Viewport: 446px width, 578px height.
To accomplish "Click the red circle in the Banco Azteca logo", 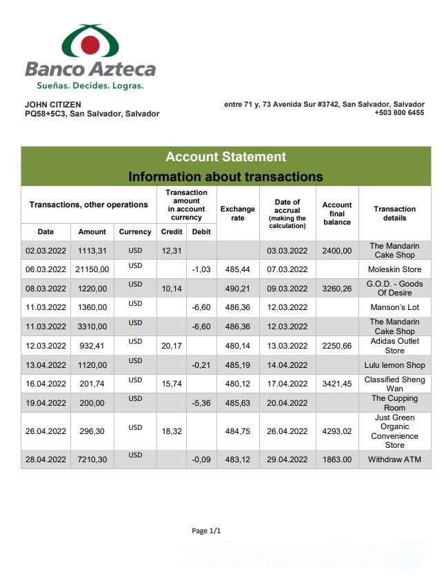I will (90, 45).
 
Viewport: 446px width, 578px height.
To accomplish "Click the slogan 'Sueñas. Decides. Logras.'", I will (90, 86).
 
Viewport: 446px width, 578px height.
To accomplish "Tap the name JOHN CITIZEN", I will (52, 105).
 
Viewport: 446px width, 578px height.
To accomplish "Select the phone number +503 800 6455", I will (399, 113).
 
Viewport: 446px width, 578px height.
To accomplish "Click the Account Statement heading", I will (225, 157).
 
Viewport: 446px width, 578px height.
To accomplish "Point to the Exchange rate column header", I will (238, 214).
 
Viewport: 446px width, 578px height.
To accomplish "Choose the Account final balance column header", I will (337, 214).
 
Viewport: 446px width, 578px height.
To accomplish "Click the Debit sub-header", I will (201, 232).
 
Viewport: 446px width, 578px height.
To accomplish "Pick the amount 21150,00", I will (92, 269).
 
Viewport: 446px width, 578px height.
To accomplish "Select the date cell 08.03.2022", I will (45, 289).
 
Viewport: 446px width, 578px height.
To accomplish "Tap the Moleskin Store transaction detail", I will (394, 269).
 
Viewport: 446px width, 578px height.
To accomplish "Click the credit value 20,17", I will (172, 346).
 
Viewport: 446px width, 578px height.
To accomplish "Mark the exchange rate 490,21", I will (238, 289).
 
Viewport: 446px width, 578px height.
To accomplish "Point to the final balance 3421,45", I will (337, 384).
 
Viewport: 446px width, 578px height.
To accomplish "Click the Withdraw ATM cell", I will (394, 460).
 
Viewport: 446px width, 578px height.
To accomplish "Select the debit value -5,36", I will (201, 403).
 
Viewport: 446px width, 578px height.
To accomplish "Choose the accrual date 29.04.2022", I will (287, 460).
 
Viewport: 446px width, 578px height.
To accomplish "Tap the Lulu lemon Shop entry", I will (394, 365).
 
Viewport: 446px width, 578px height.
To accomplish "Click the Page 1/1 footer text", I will (206, 531).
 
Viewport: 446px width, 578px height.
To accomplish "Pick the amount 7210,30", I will (92, 460).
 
